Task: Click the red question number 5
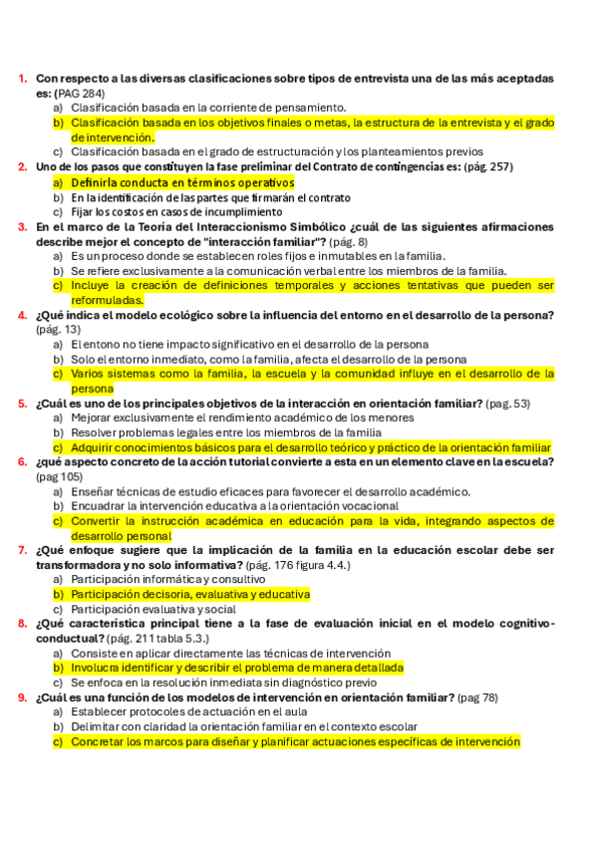(x=22, y=404)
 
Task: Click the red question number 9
(x=22, y=698)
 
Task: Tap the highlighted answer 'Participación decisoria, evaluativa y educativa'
(x=190, y=594)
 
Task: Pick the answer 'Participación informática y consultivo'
(x=167, y=579)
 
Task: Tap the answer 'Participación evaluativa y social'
(x=152, y=609)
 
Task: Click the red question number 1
(x=22, y=78)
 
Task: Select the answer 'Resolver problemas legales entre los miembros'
(x=226, y=433)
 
